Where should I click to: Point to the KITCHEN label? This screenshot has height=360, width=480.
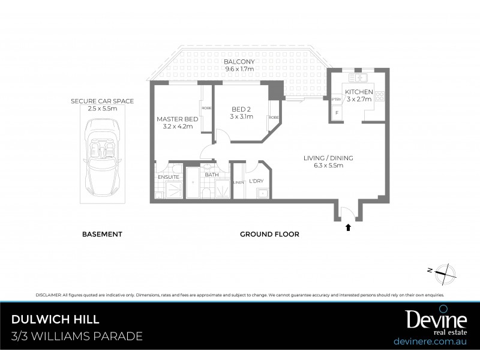point(359,91)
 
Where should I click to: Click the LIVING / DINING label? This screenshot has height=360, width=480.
point(328,158)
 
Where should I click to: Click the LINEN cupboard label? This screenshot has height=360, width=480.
point(238,182)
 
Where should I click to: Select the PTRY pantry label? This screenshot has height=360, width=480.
point(336,100)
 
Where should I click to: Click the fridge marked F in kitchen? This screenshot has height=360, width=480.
point(337,112)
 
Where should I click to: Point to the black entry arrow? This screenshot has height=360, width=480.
point(348,227)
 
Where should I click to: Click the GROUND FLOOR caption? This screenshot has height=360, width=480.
point(269,234)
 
